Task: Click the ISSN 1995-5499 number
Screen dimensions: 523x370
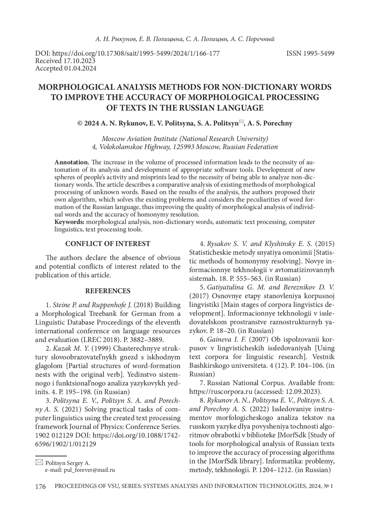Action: pyautogui.click(x=310, y=54)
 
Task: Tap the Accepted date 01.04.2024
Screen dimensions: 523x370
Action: pyautogui.click(x=80, y=68)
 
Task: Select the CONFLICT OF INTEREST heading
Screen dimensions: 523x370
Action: pyautogui.click(x=108, y=244)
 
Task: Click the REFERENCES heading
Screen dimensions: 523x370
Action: pyautogui.click(x=108, y=291)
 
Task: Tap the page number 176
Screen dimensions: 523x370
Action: pyautogui.click(x=40, y=487)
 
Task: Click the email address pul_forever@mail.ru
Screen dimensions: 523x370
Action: pyautogui.click(x=89, y=470)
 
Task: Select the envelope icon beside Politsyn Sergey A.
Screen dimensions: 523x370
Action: pyautogui.click(x=39, y=463)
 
